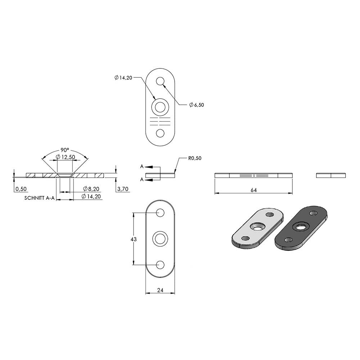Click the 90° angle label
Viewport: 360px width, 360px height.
click(x=65, y=150)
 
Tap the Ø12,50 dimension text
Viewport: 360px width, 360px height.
click(x=66, y=157)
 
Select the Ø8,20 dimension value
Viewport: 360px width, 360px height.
click(x=91, y=189)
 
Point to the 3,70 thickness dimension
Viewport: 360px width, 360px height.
click(x=123, y=189)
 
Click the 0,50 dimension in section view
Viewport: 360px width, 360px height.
click(x=21, y=189)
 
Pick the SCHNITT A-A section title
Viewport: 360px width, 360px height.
click(x=40, y=198)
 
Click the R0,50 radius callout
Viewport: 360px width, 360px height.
click(x=195, y=158)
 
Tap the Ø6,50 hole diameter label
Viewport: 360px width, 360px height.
click(x=197, y=105)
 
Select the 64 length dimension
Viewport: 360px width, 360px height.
click(x=254, y=190)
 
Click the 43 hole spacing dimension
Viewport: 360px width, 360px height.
click(x=134, y=239)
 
